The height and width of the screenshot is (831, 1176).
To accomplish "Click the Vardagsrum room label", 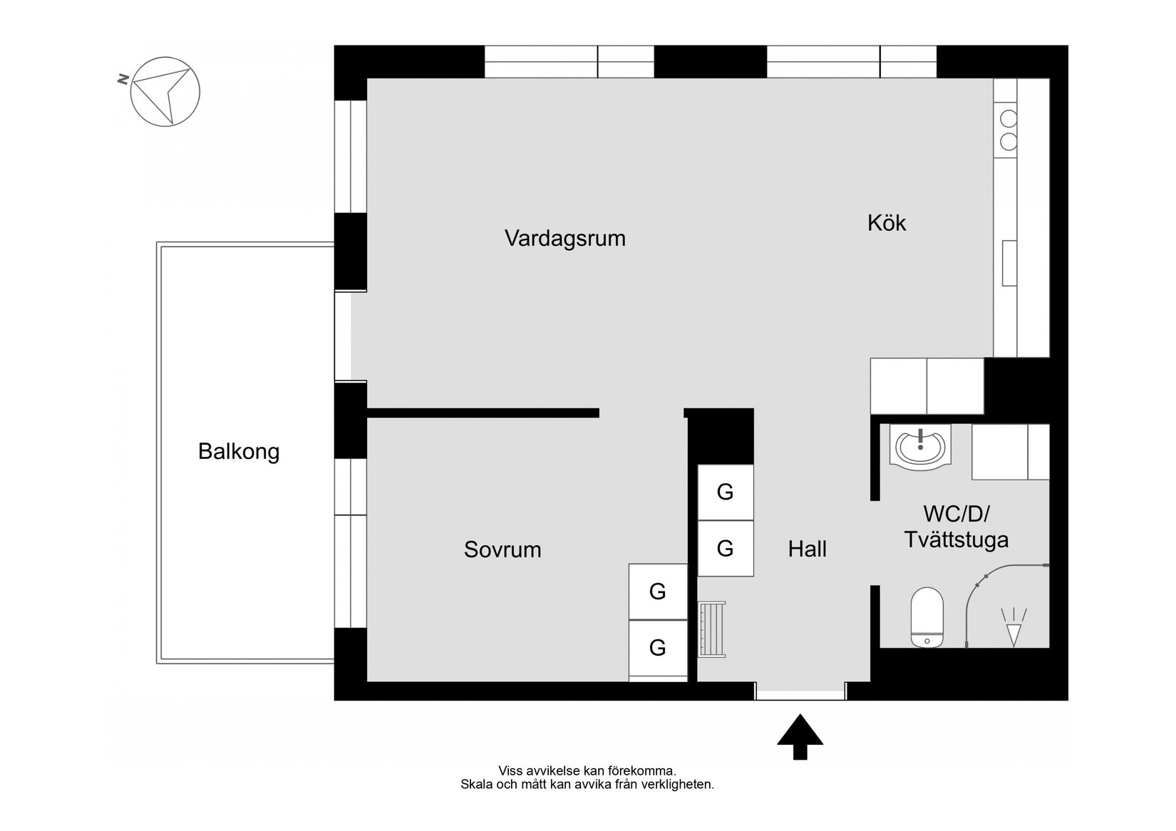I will [564, 238].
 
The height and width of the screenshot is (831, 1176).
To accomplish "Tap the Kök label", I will [886, 223].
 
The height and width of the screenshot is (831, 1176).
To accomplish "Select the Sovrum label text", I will [502, 549].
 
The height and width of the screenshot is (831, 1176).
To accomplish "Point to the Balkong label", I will [239, 452].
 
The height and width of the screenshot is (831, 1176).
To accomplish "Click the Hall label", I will [807, 549].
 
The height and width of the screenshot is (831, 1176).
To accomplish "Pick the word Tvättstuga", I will [956, 540].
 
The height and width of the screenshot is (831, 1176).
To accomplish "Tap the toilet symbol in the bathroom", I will [927, 617].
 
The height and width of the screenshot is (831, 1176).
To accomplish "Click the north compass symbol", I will [165, 92].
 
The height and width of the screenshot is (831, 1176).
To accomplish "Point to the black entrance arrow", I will [800, 737].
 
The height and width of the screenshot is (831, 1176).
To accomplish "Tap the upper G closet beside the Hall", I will [725, 492].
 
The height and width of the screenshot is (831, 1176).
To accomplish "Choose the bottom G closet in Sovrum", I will [657, 648].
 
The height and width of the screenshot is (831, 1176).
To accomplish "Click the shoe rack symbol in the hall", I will [712, 629].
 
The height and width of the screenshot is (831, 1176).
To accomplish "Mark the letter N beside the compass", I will [123, 80].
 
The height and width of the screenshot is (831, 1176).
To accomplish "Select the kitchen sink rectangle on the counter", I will [1009, 263].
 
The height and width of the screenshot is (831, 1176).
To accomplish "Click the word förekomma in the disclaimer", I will [641, 771].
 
